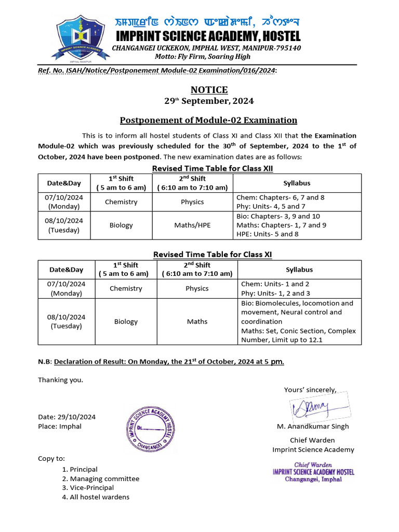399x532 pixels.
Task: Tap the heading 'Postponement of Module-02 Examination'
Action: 208,121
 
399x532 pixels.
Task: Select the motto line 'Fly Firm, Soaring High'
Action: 207,56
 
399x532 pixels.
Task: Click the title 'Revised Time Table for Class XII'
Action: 212,168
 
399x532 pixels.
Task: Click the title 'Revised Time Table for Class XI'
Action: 212,254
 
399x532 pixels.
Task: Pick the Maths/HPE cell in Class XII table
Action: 192,225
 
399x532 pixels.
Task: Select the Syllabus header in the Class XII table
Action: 297,183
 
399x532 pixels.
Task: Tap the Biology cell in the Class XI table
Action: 126,322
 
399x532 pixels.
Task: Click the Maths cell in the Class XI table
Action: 197,322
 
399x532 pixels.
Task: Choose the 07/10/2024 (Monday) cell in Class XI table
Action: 66,288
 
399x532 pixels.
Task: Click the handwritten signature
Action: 311,409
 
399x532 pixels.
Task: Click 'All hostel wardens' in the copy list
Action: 99,497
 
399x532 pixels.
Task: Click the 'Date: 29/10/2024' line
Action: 67,417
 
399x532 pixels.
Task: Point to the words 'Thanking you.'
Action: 60,380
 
